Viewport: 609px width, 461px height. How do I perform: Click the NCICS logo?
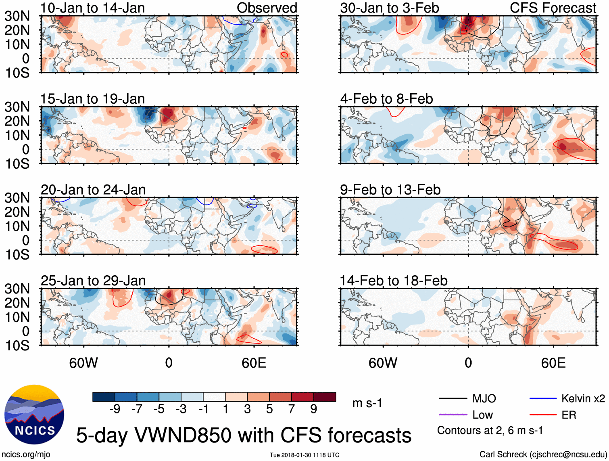[34, 415]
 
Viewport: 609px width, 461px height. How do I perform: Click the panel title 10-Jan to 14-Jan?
[92, 8]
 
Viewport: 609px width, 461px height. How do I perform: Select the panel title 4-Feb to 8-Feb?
[386, 98]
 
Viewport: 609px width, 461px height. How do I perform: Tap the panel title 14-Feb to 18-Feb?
[394, 281]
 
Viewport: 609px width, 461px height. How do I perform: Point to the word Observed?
[267, 8]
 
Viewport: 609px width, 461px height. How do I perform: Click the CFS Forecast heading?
[553, 8]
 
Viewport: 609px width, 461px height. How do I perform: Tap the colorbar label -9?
[115, 409]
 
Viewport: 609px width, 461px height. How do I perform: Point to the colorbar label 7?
[292, 409]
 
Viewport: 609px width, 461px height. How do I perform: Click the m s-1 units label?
[367, 403]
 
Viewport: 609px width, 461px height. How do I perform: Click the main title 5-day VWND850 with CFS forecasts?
[244, 435]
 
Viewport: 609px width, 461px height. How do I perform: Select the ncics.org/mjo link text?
[26, 455]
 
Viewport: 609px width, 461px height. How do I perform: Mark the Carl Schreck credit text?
[543, 455]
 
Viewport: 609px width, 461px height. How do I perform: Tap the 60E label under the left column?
[254, 363]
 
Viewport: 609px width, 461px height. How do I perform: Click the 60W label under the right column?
[383, 363]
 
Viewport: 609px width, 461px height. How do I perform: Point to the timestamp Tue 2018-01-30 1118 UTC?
[304, 455]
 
